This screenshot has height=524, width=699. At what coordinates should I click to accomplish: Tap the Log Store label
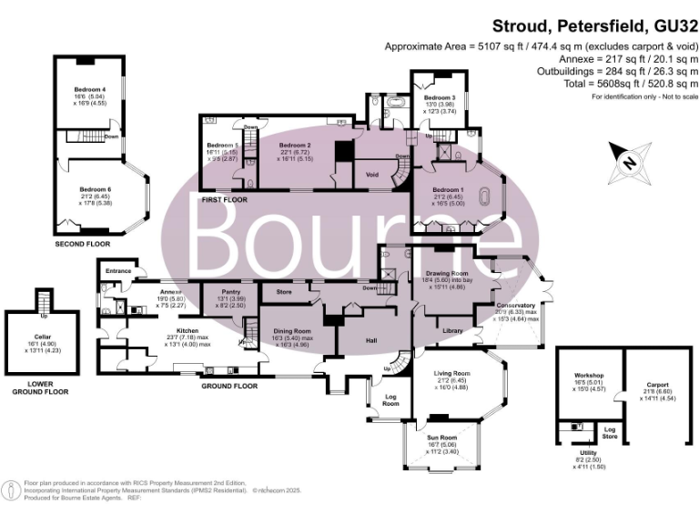tap(610, 434)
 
